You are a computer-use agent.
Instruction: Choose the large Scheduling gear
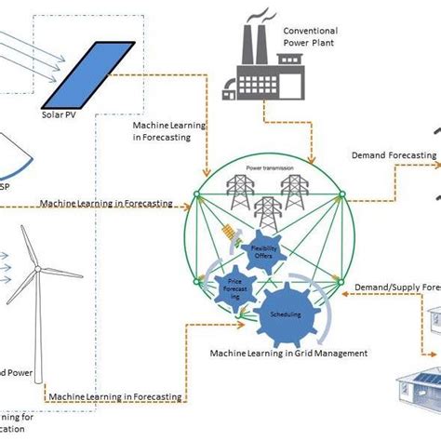286,314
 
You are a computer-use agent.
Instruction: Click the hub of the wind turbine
38,269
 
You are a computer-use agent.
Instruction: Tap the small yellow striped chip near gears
226,238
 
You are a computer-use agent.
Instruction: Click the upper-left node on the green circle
196,194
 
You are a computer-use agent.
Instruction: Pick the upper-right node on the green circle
341,194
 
